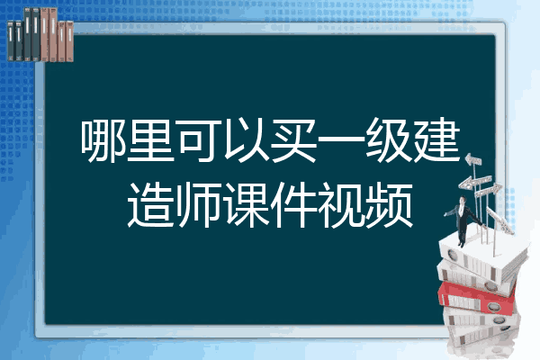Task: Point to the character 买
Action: [x=293, y=140]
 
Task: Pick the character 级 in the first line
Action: [x=389, y=140]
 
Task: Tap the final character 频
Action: [x=389, y=205]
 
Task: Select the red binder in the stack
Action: [x=476, y=298]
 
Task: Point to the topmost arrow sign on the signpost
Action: [x=473, y=160]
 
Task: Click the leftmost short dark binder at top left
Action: [x=11, y=41]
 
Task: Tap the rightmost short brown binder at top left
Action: [x=69, y=41]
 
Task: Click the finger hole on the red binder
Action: [x=492, y=306]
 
